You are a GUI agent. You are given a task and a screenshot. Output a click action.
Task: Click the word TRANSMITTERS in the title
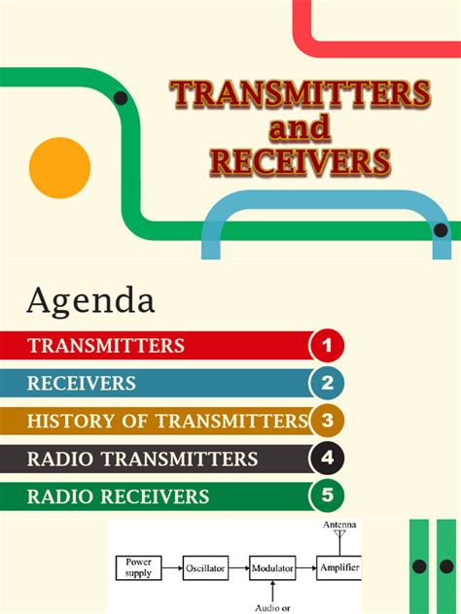(301, 94)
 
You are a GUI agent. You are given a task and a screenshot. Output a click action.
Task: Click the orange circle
(59, 168)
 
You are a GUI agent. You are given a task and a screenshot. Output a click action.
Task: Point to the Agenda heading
(90, 300)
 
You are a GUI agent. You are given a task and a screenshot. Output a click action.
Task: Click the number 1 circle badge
(328, 345)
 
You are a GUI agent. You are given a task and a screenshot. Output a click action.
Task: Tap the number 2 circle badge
(328, 383)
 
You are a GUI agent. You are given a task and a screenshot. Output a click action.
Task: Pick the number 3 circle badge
(328, 421)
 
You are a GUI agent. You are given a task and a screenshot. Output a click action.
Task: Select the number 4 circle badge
(328, 459)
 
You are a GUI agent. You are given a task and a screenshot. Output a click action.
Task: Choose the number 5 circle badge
(328, 496)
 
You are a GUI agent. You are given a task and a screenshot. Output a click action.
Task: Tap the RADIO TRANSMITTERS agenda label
(142, 459)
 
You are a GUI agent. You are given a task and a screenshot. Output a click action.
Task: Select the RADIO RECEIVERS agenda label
(118, 496)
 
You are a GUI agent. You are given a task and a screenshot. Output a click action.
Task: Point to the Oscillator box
(206, 567)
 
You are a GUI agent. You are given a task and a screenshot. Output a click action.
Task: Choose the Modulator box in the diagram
(273, 567)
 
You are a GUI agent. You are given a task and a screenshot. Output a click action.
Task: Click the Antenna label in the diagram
(338, 526)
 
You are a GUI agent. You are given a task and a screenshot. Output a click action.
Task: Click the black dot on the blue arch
(441, 230)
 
